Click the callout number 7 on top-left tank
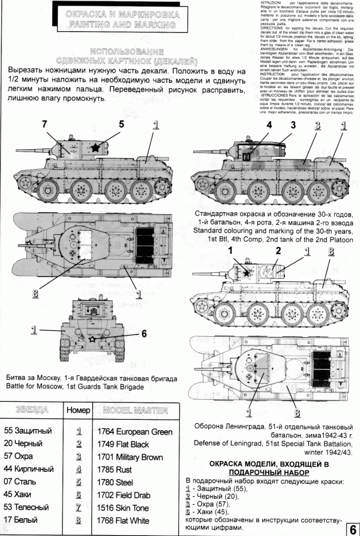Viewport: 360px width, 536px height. pyautogui.click(x=44, y=124)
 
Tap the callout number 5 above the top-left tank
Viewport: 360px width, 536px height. pyautogui.click(x=121, y=124)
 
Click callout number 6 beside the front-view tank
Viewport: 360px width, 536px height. pyautogui.click(x=143, y=333)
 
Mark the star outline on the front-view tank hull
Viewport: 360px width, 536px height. pyautogui.click(x=92, y=339)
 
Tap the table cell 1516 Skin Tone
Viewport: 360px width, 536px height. pyautogui.click(x=126, y=506)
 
